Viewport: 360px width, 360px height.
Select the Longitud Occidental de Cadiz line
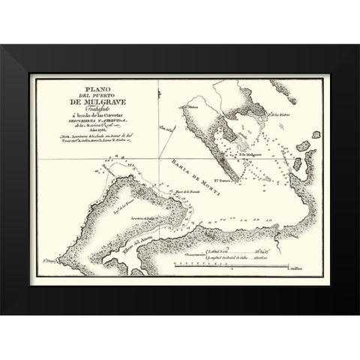[234, 256]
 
